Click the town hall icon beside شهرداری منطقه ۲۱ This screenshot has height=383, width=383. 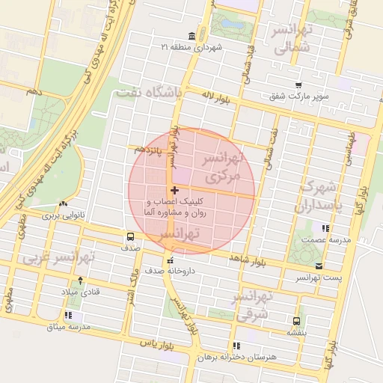coord(192,36)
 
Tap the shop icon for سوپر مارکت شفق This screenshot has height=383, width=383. coord(299,85)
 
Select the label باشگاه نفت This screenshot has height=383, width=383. coord(149,94)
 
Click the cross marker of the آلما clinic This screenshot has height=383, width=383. coord(174,191)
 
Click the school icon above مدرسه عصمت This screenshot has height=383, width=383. coord(325,228)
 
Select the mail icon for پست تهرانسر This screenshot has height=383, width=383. coord(319,266)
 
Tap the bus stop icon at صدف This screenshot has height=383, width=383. coord(132,237)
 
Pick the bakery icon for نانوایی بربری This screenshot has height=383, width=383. coord(63,203)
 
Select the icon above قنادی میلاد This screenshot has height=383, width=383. coord(80,280)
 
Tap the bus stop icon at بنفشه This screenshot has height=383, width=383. coord(298,319)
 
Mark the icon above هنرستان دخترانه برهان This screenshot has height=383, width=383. coord(236,346)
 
